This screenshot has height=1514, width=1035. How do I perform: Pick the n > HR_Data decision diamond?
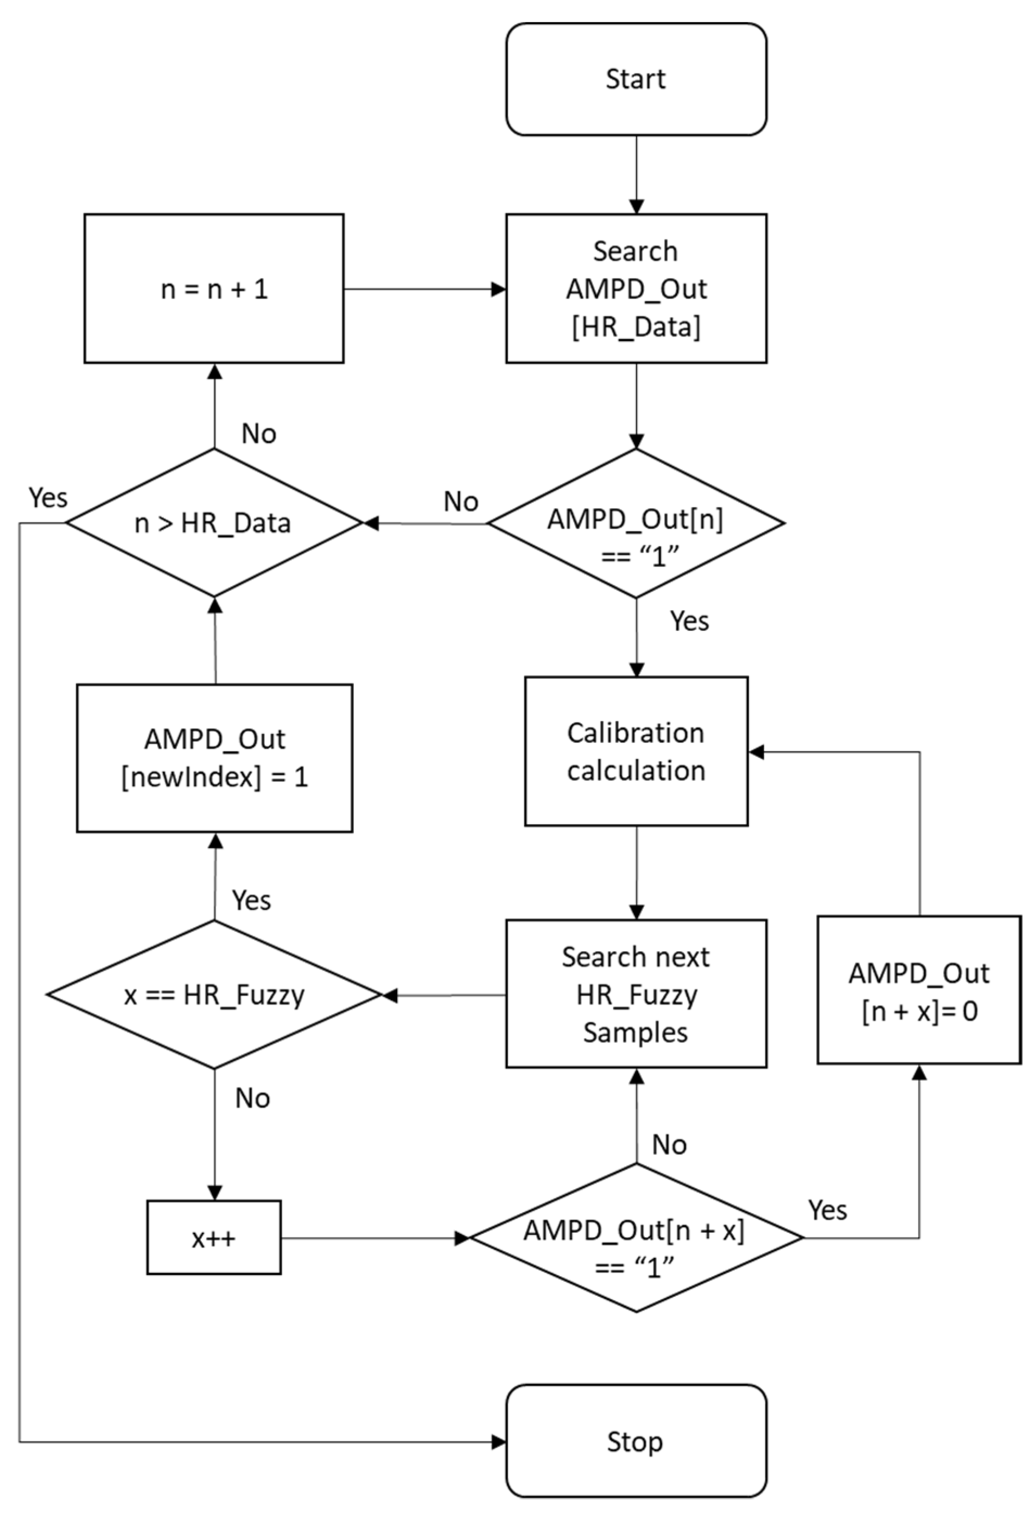coord(214,522)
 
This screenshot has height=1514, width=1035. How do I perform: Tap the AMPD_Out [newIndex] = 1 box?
coord(214,758)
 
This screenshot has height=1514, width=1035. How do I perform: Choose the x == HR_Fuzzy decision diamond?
coord(214,995)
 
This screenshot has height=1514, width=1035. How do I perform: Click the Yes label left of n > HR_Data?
coord(48,498)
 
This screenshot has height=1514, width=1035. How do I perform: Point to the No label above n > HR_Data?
coord(258,433)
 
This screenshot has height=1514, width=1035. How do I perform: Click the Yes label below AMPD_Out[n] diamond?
coord(689,621)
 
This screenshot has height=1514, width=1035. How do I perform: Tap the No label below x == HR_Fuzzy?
coord(252,1098)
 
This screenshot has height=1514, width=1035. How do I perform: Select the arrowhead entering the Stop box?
coord(499,1442)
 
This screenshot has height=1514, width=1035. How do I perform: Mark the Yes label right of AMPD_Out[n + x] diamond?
coord(827,1211)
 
